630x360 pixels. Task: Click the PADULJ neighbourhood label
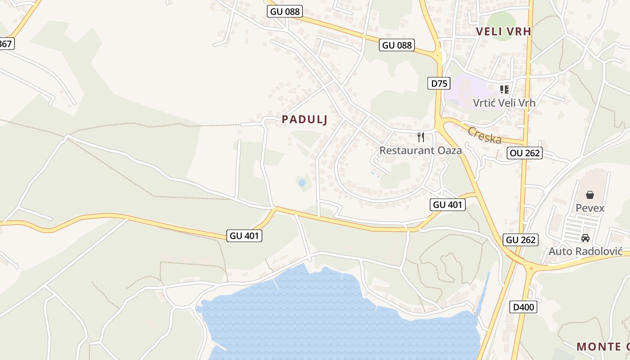tap(304, 120)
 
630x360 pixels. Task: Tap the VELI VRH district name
tap(504, 31)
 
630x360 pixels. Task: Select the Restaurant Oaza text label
tap(420, 150)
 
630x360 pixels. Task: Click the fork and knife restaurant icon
tap(421, 137)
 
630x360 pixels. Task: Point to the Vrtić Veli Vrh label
tap(504, 103)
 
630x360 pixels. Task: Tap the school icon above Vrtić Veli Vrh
tap(504, 90)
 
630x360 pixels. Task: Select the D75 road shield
tap(438, 83)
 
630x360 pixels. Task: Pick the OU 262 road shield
tap(524, 153)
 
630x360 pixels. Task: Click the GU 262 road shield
tap(521, 240)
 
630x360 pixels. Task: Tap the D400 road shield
tap(523, 307)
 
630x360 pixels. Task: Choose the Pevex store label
tap(590, 208)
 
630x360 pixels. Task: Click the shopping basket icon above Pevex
tap(590, 195)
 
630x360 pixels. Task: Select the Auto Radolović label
tap(585, 252)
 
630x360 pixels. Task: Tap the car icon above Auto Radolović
tap(585, 238)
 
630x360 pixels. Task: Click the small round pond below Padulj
tap(301, 183)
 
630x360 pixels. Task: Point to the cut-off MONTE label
tap(603, 346)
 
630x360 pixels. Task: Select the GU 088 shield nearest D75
tap(396, 45)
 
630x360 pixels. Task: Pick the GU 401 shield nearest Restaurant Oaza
tap(447, 205)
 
